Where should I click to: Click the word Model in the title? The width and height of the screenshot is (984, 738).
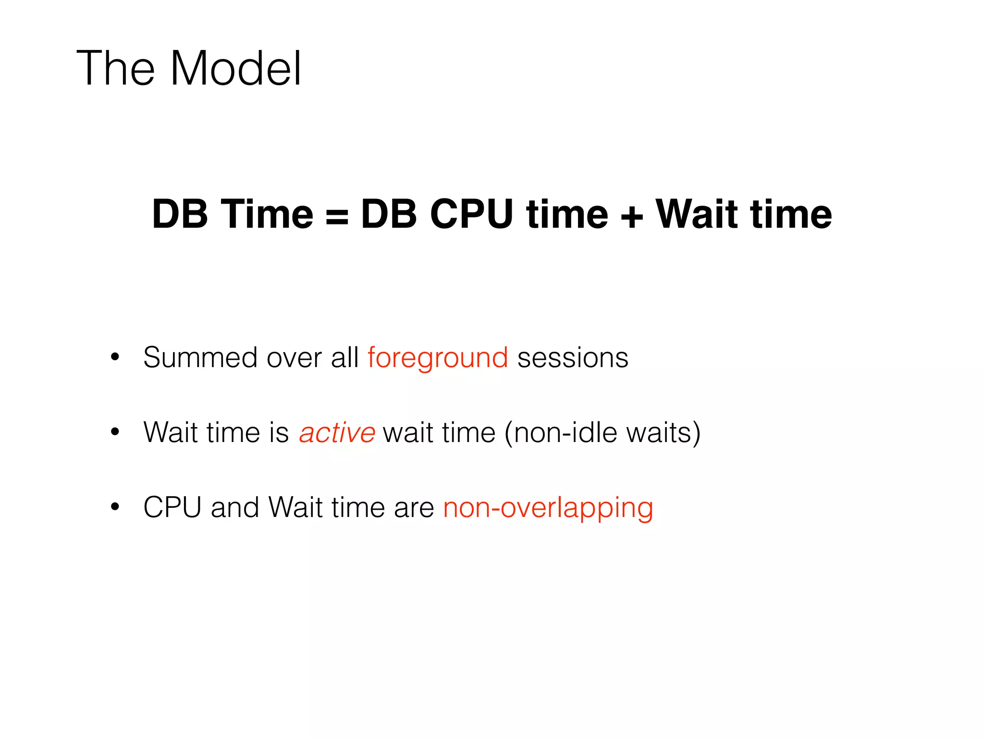click(235, 69)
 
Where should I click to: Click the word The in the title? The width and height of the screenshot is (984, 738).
click(115, 69)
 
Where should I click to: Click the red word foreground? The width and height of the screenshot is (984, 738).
click(438, 358)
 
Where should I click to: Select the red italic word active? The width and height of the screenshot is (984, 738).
click(337, 432)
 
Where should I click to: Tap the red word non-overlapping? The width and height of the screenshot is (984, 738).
click(548, 508)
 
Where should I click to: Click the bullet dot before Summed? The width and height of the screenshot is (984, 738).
click(115, 357)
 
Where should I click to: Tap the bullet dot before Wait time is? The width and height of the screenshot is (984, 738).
click(115, 431)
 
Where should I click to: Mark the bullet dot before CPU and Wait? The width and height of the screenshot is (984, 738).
click(115, 506)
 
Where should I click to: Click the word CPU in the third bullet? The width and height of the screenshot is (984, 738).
click(172, 507)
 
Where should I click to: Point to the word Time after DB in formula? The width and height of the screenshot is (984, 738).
click(267, 214)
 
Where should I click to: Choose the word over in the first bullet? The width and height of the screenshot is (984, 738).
click(294, 358)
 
